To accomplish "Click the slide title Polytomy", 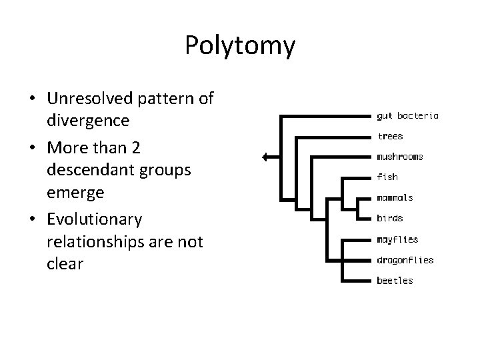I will point(239,45).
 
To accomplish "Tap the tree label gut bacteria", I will point(407,115).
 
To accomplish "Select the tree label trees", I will point(390,136).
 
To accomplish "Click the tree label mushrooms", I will point(400,157).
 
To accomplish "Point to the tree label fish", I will point(387,177).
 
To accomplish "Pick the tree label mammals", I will point(395,197).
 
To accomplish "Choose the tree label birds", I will point(389,218).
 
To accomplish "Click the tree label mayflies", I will point(397,239).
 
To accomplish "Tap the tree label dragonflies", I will point(405,259).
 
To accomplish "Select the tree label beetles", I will point(395,280).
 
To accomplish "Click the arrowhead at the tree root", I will point(265,157).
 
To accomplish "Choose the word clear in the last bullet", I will point(65,263).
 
